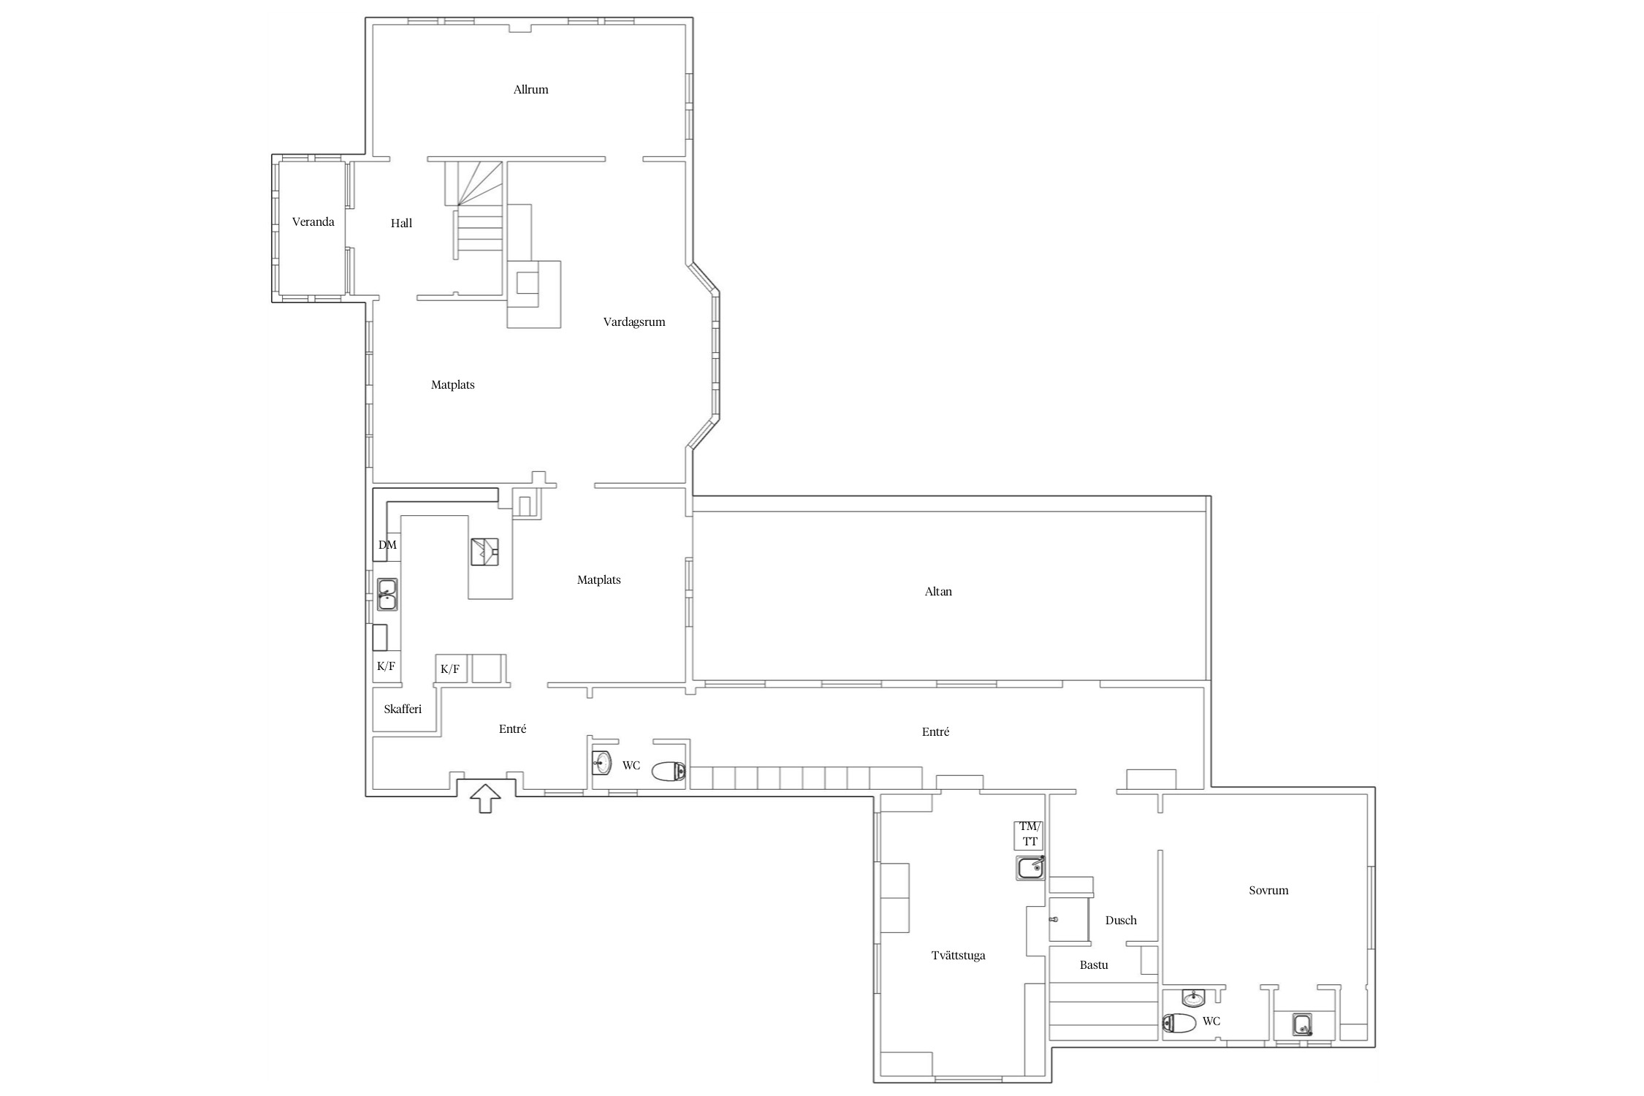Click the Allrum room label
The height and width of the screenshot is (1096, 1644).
click(x=530, y=90)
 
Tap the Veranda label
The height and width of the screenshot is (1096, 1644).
click(x=313, y=222)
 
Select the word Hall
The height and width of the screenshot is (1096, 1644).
click(x=401, y=224)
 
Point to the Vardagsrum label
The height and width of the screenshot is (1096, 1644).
click(x=634, y=322)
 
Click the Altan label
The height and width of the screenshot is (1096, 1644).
click(x=938, y=592)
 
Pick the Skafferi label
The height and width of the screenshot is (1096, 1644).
click(x=403, y=709)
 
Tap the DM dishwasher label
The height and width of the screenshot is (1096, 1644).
click(x=387, y=545)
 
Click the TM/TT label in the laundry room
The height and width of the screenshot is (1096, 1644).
click(x=1030, y=834)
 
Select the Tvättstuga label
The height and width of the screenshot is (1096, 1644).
click(x=958, y=956)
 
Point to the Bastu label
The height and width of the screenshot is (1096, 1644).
click(x=1094, y=965)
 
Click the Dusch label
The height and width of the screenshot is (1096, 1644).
click(x=1121, y=921)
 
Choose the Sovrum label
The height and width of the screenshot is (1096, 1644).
click(x=1268, y=891)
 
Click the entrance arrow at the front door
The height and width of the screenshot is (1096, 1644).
click(x=486, y=798)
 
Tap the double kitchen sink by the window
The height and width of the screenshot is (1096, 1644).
click(x=387, y=594)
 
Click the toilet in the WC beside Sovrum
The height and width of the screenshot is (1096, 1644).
click(x=1179, y=1023)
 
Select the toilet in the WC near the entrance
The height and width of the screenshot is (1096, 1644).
click(x=669, y=771)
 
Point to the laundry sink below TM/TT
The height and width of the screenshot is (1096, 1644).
click(x=1030, y=868)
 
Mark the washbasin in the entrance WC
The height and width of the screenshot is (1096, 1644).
click(x=601, y=763)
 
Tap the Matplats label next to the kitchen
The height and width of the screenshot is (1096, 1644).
click(x=598, y=580)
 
